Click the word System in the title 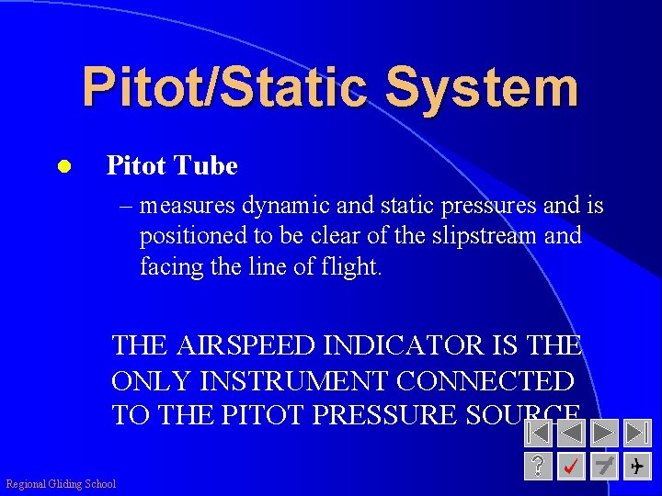tap(482, 87)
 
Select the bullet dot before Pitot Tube tap(63, 166)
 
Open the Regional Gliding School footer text tap(61, 484)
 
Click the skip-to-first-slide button tap(540, 433)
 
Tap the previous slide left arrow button tap(572, 433)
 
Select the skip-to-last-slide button tap(637, 433)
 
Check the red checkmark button tap(572, 467)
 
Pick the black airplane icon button tap(637, 467)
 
